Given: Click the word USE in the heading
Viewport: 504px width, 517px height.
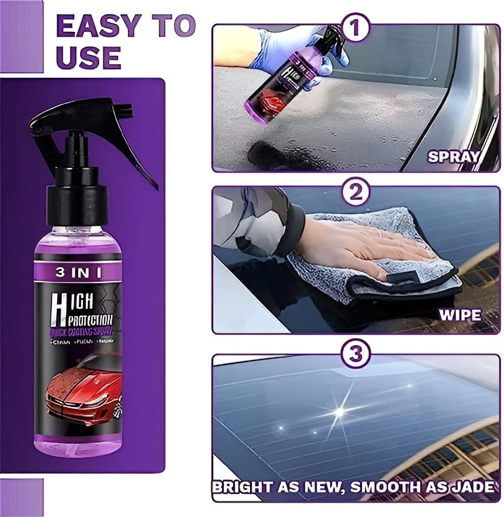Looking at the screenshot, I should (x=88, y=57).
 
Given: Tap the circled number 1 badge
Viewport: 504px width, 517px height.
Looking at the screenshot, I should (x=355, y=28).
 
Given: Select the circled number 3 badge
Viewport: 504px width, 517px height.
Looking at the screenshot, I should (x=355, y=354).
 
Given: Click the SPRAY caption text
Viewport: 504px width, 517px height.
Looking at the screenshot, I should (x=453, y=156).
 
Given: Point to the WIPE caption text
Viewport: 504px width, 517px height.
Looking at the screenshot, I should (x=459, y=315).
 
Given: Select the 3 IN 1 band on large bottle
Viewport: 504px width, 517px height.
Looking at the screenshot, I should (x=78, y=272).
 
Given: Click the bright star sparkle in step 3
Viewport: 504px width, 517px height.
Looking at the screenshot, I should (x=339, y=411).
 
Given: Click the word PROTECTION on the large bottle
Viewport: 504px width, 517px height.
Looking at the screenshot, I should (x=89, y=319).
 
